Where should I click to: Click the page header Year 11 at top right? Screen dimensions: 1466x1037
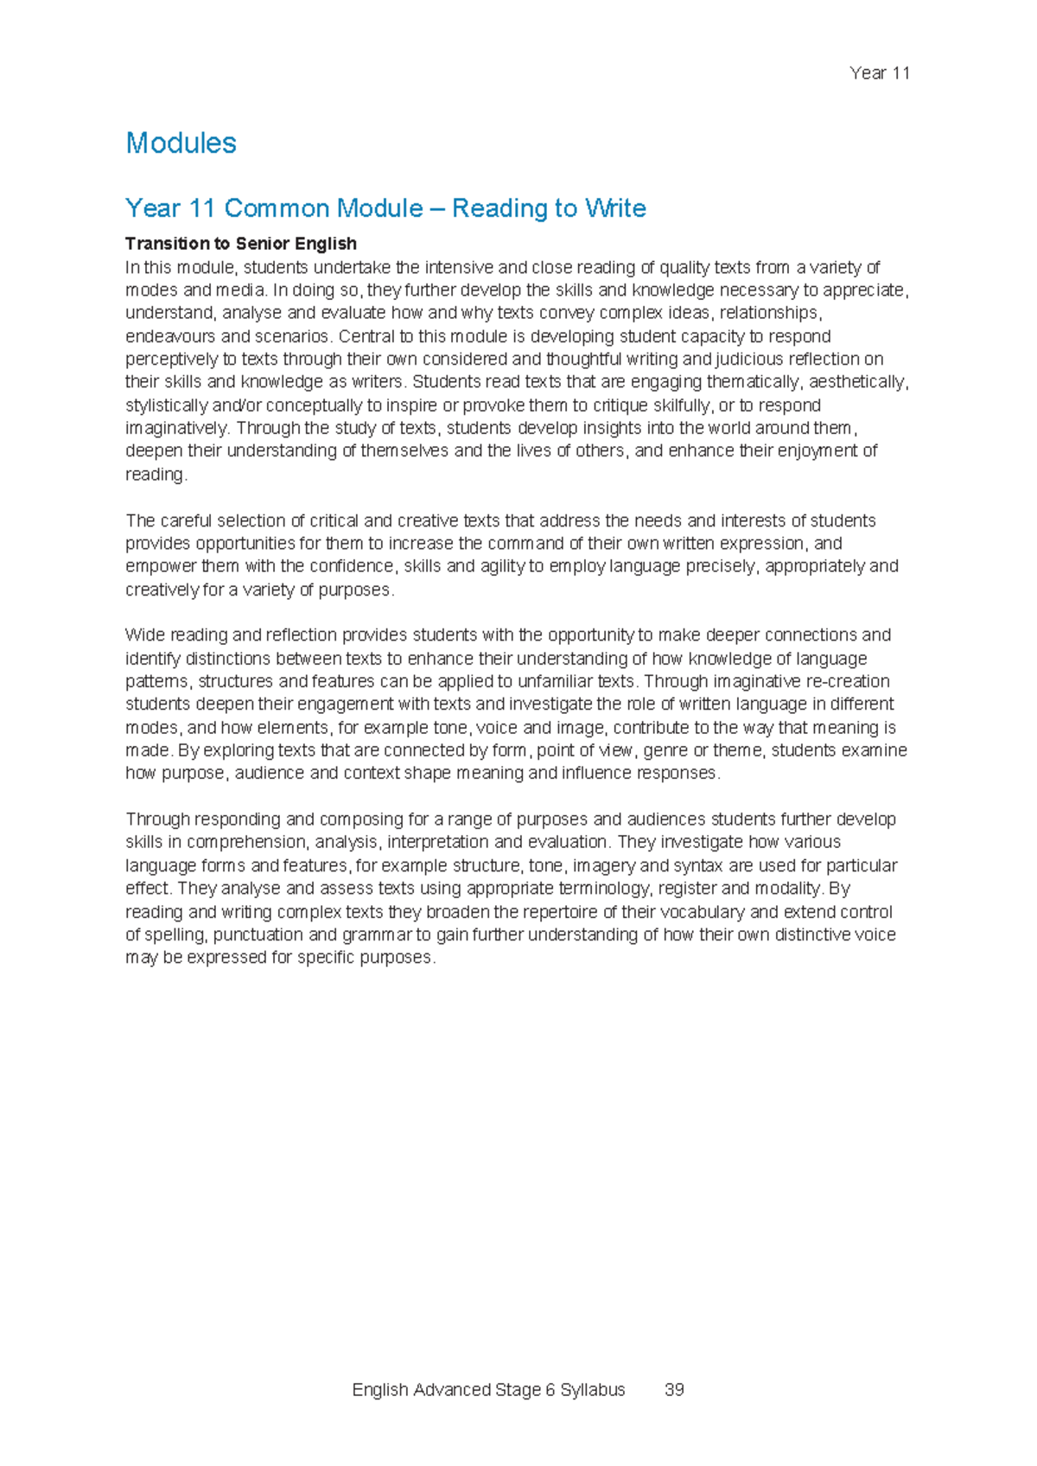pos(880,73)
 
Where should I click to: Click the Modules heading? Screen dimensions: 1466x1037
pos(181,143)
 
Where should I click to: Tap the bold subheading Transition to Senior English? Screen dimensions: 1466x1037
pos(241,244)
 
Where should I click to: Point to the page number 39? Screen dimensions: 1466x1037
pos(674,1390)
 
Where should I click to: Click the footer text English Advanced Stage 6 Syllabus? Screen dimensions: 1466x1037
pos(488,1390)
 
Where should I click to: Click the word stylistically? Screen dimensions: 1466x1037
pos(166,405)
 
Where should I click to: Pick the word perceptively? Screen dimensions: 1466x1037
pos(168,359)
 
